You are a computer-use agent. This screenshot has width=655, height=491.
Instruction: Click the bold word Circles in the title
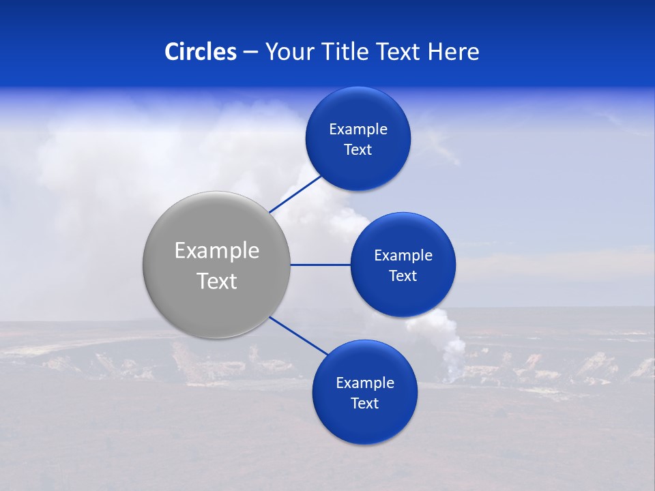click(x=201, y=52)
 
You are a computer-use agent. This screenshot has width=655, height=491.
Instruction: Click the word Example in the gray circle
click(x=217, y=251)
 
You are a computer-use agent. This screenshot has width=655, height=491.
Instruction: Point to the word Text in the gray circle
click(x=217, y=281)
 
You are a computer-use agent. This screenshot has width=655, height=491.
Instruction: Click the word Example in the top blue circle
click(x=358, y=130)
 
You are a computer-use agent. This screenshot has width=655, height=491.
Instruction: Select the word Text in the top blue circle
click(x=358, y=150)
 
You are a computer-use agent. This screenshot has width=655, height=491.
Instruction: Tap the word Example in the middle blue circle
click(x=403, y=256)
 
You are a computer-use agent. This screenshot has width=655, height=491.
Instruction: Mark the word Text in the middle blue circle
click(x=403, y=276)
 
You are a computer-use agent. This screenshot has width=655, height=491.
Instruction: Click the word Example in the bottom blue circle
click(x=365, y=383)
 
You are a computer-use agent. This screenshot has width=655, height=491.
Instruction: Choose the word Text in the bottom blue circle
click(x=365, y=404)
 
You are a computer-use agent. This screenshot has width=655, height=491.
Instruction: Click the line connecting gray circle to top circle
click(x=295, y=193)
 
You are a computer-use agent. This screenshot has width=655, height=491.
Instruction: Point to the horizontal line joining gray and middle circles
click(x=320, y=265)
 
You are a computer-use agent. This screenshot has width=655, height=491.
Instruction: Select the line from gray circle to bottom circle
click(x=299, y=336)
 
